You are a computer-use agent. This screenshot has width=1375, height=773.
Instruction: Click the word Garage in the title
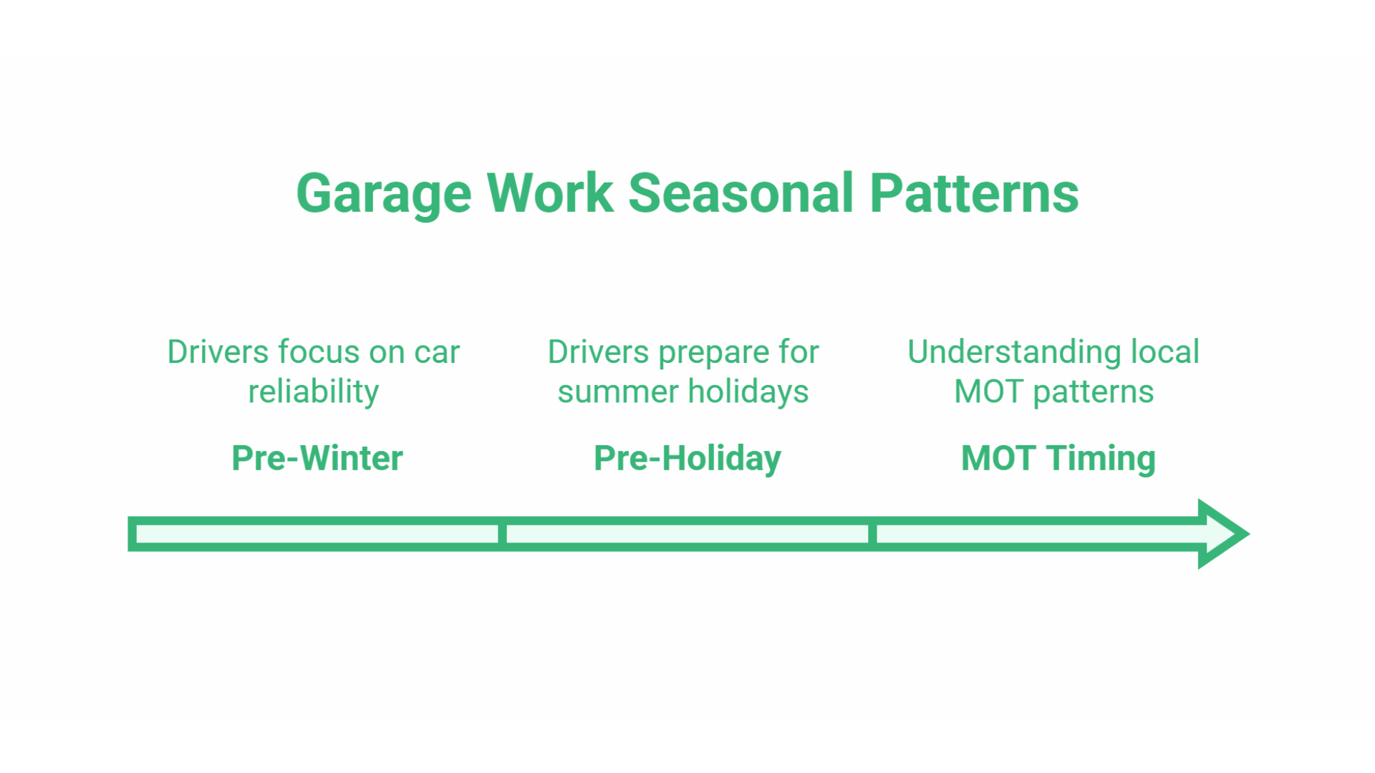[x=384, y=193]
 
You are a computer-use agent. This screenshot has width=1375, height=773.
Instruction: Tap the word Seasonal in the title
[x=741, y=193]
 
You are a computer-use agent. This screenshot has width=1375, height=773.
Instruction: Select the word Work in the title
[x=550, y=193]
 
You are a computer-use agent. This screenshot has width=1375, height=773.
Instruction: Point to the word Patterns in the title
[x=974, y=193]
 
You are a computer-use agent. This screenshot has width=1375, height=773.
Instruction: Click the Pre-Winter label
[x=317, y=458]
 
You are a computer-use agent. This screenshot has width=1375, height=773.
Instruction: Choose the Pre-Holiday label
[x=687, y=458]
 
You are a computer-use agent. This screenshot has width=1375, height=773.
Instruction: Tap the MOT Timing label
[x=1058, y=458]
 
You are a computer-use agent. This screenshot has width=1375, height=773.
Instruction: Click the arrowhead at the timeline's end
[x=1223, y=534]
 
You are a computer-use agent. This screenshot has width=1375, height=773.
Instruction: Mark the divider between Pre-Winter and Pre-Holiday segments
[x=502, y=534]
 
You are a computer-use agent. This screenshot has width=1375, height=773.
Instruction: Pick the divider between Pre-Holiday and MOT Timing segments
[x=872, y=534]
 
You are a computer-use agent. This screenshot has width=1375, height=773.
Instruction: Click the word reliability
[x=313, y=392]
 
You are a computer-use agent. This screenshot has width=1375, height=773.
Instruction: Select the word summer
[x=617, y=392]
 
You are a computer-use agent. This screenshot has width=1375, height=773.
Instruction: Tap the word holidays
[x=748, y=392]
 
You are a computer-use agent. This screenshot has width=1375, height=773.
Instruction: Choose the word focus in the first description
[x=319, y=352]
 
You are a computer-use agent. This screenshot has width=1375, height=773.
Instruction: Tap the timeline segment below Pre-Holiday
[x=687, y=534]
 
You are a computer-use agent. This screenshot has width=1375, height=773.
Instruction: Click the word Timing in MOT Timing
[x=1101, y=458]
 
